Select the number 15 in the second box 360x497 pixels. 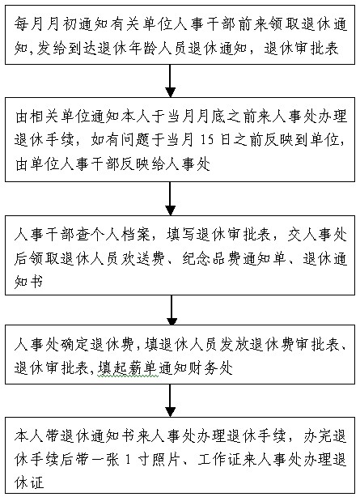pos(207,140)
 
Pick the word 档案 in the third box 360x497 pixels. pos(135,235)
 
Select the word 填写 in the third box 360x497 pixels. pos(180,235)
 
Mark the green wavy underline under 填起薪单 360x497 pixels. pos(128,376)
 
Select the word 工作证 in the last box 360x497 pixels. pos(220,459)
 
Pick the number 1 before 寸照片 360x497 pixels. pos(128,460)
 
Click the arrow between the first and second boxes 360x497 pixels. pos(171,81)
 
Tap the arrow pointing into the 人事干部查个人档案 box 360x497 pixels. pos(171,198)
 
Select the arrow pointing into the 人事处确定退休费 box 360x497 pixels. pos(172,310)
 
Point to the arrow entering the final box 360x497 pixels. pos(171,401)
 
